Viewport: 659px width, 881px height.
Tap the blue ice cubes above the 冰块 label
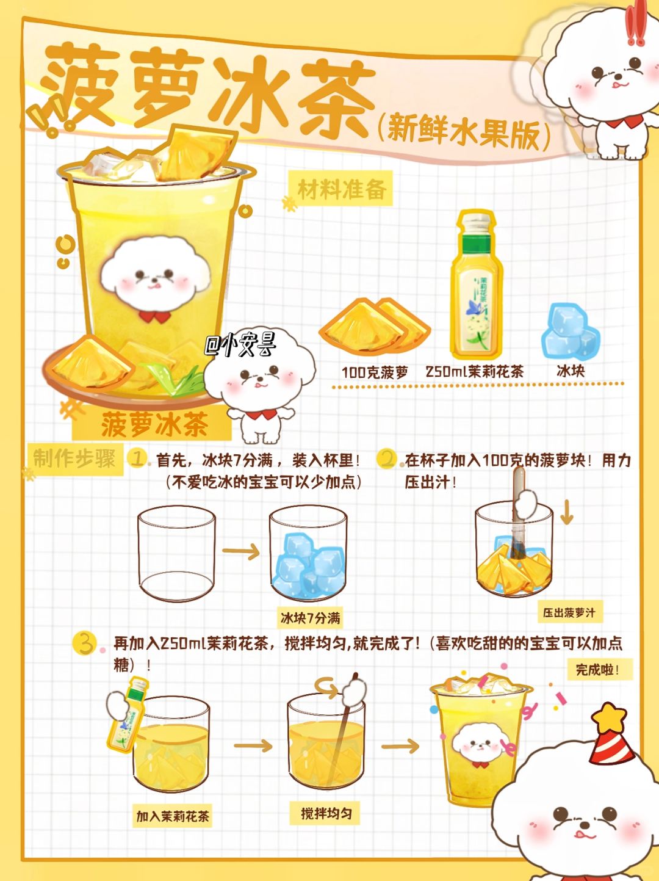pyautogui.click(x=570, y=332)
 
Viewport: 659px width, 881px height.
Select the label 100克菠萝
pyautogui.click(x=375, y=372)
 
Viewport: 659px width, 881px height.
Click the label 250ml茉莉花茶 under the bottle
pyautogui.click(x=475, y=372)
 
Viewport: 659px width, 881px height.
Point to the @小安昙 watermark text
pyautogui.click(x=240, y=346)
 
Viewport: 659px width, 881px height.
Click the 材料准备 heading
pyautogui.click(x=342, y=189)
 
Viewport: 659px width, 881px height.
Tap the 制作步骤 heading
pyautogui.click(x=74, y=459)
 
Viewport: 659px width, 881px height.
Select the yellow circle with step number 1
pyautogui.click(x=137, y=459)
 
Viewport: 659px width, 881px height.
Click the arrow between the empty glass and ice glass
pyautogui.click(x=240, y=551)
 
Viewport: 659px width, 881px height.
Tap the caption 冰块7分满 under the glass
pyautogui.click(x=310, y=618)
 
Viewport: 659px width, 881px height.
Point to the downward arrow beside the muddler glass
pyautogui.click(x=566, y=512)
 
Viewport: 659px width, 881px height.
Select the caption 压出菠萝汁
pyautogui.click(x=569, y=614)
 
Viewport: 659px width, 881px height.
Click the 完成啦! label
pyautogui.click(x=597, y=670)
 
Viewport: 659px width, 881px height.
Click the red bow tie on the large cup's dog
pyautogui.click(x=155, y=316)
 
